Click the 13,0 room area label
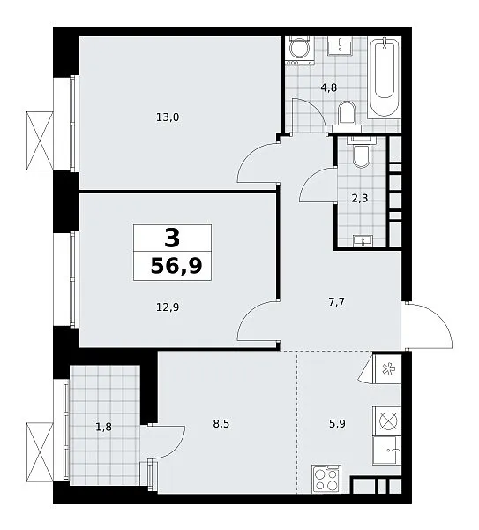pyautogui.click(x=168, y=117)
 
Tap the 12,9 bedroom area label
pyautogui.click(x=168, y=307)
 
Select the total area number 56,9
pyautogui.click(x=176, y=266)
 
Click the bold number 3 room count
pyautogui.click(x=172, y=238)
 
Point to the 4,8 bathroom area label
pyautogui.click(x=329, y=87)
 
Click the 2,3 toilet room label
pyautogui.click(x=360, y=198)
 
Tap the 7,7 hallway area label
pyautogui.click(x=337, y=301)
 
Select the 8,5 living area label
pyautogui.click(x=221, y=423)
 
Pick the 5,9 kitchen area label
pyautogui.click(x=337, y=423)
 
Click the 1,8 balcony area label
pyautogui.click(x=103, y=428)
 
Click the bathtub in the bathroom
pyautogui.click(x=384, y=78)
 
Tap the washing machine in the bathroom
pyautogui.click(x=299, y=50)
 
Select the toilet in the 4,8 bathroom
pyautogui.click(x=347, y=117)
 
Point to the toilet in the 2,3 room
pyautogui.click(x=361, y=152)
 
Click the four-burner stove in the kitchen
pyautogui.click(x=326, y=479)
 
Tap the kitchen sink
pyautogui.click(x=387, y=450)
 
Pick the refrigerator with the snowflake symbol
pyautogui.click(x=387, y=368)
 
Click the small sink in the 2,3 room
pyautogui.click(x=363, y=240)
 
